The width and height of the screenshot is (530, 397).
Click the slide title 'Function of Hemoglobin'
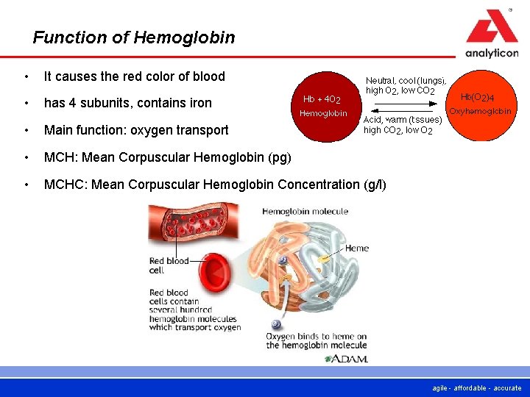click(134, 37)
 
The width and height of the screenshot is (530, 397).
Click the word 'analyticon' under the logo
click(491, 53)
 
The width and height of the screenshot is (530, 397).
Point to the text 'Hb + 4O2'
click(322, 99)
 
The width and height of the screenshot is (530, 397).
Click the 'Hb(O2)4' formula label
click(478, 97)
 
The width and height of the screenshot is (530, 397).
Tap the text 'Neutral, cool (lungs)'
click(406, 81)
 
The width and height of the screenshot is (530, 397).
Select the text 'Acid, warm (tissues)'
click(402, 120)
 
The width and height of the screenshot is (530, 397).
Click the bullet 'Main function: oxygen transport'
click(136, 130)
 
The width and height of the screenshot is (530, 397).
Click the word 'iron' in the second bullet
click(199, 103)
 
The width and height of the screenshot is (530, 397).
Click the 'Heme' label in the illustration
click(356, 248)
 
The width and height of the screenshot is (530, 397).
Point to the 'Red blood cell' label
click(168, 265)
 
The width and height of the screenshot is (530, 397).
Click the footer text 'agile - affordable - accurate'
click(477, 388)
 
